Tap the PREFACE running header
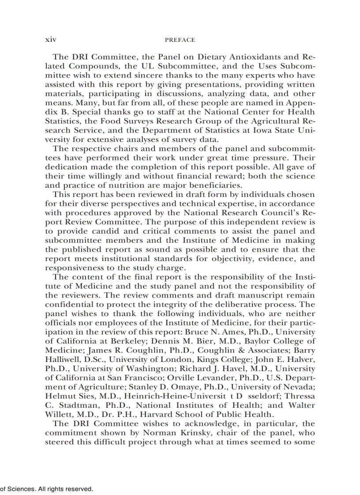pyautogui.click(x=180, y=40)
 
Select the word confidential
pyautogui.click(x=69, y=304)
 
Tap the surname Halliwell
pyautogui.click(x=63, y=360)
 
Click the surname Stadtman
pyautogui.click(x=72, y=406)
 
